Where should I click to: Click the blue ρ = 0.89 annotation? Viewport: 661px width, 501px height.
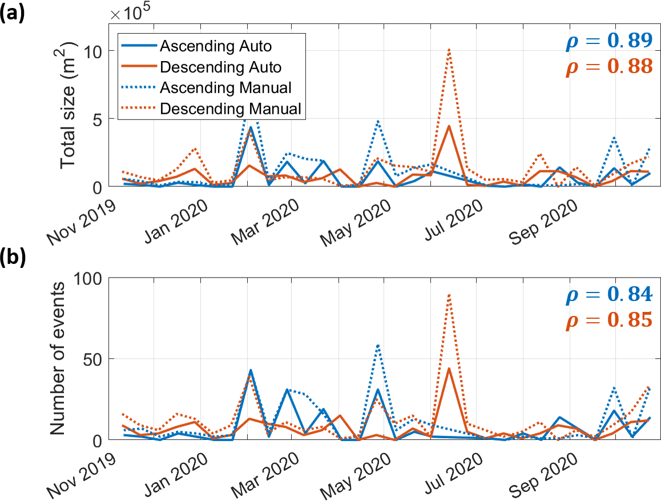[608, 41]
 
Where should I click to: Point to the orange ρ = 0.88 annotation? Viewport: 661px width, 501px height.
[608, 67]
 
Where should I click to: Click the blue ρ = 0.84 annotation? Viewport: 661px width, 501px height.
[608, 294]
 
